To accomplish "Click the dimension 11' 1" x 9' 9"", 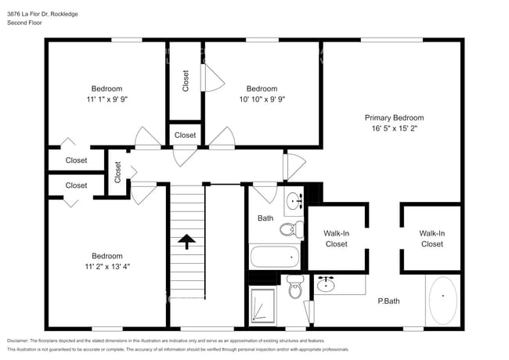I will click(106, 99).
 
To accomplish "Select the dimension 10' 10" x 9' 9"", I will click(262, 99).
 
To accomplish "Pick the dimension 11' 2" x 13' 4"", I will click(106, 267).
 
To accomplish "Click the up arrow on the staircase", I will click(187, 242).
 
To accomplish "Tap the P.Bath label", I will click(388, 301).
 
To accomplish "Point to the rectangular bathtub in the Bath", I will click(275, 256).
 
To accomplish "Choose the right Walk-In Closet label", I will click(431, 238).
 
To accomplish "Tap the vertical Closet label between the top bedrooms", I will click(186, 81).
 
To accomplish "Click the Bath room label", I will click(265, 218).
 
